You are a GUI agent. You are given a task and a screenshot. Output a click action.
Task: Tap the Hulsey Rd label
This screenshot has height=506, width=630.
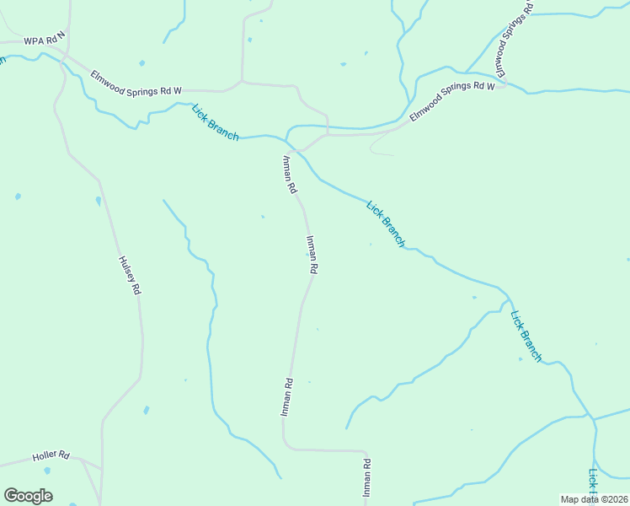pos(129,275)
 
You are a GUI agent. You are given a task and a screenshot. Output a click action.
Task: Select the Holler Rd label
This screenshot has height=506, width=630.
pos(51,456)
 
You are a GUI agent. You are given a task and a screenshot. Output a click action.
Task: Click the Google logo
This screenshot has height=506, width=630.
pos(28,496)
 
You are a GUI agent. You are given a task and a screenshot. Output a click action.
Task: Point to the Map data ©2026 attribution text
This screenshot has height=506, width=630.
pos(594,499)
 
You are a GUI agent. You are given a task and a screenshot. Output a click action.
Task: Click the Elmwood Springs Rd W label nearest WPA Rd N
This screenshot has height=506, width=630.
pos(136,81)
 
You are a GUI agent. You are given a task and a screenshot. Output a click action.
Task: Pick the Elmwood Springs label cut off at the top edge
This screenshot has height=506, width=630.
pos(513,41)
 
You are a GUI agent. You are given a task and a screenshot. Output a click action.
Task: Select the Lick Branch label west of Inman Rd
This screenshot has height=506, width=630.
pos(215,122)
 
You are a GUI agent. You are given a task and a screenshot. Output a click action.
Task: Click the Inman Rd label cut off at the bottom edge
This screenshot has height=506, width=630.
pos(366,482)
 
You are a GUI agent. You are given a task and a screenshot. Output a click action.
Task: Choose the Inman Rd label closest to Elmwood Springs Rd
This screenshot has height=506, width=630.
pos(289,175)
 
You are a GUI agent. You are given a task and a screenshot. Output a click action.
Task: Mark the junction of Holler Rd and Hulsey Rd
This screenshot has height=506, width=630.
pos(101,466)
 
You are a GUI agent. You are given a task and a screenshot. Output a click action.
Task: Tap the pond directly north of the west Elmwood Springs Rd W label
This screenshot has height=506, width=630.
pos(141,63)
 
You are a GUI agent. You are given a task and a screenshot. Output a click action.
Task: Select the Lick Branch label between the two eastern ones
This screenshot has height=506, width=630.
pos(386,223)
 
